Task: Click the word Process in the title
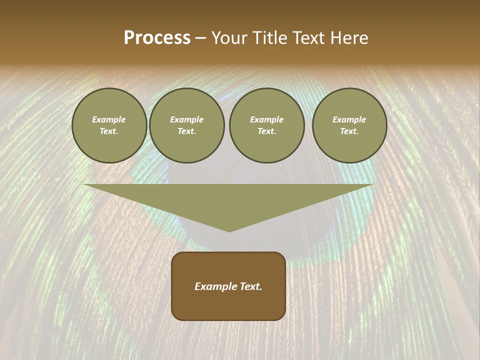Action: coord(157,38)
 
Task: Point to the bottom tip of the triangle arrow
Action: coord(229,231)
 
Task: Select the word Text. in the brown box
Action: coord(251,286)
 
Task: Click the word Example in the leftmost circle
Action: coord(109,119)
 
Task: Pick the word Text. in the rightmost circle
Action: coord(349,131)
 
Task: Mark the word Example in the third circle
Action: coord(266,119)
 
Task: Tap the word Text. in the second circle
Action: coord(186,131)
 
